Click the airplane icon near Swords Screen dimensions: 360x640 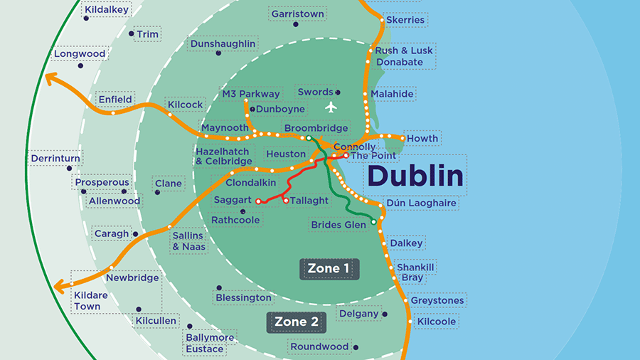point(330,107)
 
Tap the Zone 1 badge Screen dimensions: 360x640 point(329,269)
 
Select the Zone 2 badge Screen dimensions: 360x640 point(296,322)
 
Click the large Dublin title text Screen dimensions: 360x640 point(417,176)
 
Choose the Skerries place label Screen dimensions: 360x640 point(405,20)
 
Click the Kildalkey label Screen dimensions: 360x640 point(106,10)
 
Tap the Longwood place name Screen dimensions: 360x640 point(80,54)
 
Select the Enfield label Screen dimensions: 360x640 point(115,100)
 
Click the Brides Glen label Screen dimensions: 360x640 point(338,225)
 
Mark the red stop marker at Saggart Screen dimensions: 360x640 point(258,201)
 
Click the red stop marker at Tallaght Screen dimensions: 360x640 point(286,201)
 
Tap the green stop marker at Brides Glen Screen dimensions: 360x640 point(373,223)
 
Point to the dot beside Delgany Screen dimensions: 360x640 point(385,314)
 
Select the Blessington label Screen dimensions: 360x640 point(244,297)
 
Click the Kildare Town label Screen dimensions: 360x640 point(87,300)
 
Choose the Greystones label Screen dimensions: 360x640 point(437,301)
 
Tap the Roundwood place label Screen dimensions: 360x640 point(319,347)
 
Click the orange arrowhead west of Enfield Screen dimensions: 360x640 point(50,78)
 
